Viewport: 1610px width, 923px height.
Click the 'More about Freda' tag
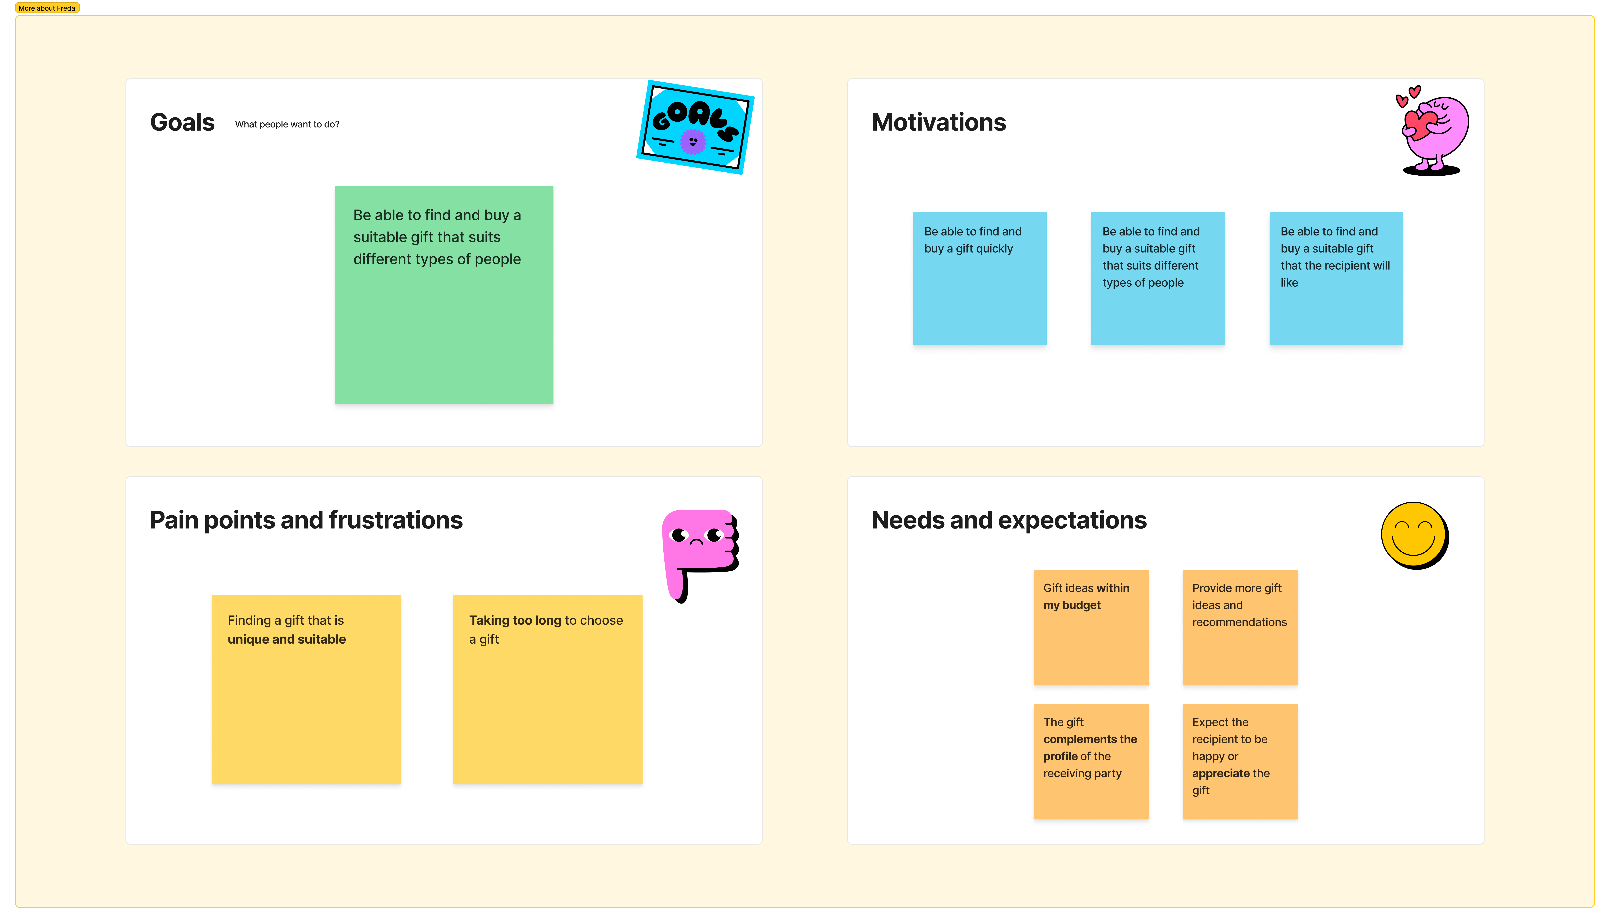pyautogui.click(x=47, y=8)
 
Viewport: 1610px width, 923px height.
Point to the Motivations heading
pyautogui.click(x=938, y=122)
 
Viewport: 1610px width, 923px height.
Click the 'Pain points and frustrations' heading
pyautogui.click(x=306, y=520)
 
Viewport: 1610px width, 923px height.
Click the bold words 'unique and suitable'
pyautogui.click(x=287, y=640)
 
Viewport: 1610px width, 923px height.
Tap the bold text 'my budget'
pyautogui.click(x=1072, y=605)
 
